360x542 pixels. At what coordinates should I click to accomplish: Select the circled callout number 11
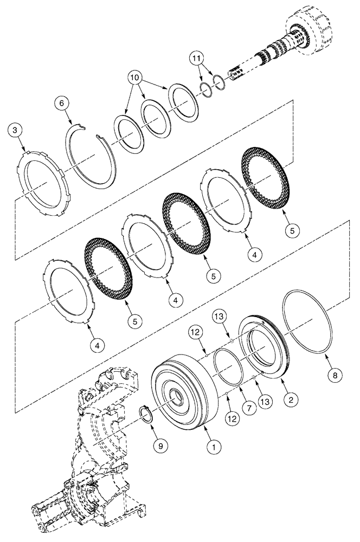198,58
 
